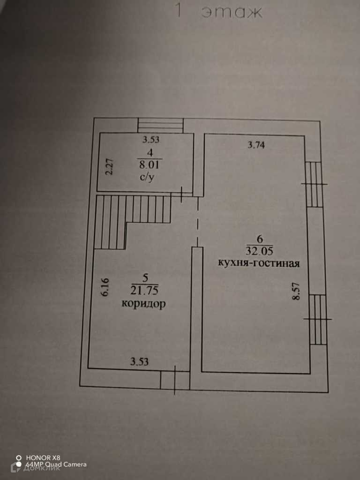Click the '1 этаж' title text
[x=217, y=11]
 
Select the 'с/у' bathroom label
[x=147, y=178]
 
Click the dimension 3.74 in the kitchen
[x=256, y=145]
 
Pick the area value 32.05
[x=258, y=250]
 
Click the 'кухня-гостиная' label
[x=259, y=262]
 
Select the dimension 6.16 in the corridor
[x=105, y=287]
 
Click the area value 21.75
[x=143, y=291]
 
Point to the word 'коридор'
[x=143, y=304]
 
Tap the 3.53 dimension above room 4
[x=151, y=139]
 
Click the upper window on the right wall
[x=314, y=184]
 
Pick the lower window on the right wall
[x=317, y=319]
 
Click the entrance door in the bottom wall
[x=174, y=380]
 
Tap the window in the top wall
[x=160, y=125]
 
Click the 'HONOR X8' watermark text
[x=43, y=457]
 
